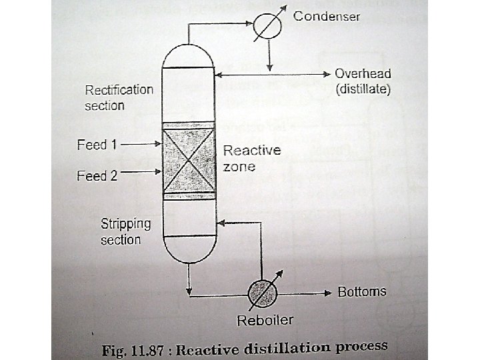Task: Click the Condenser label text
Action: pos(327,16)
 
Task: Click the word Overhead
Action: pos(363,74)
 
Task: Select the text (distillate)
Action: pos(362,88)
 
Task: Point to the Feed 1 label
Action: pos(97,144)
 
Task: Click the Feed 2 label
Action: pos(97,176)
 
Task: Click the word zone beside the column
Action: pos(239,166)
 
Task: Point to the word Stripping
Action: pos(126,223)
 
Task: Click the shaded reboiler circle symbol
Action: pos(262,291)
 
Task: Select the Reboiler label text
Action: pos(265,321)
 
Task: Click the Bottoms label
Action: pos(362,292)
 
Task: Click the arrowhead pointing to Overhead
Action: pos(326,73)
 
